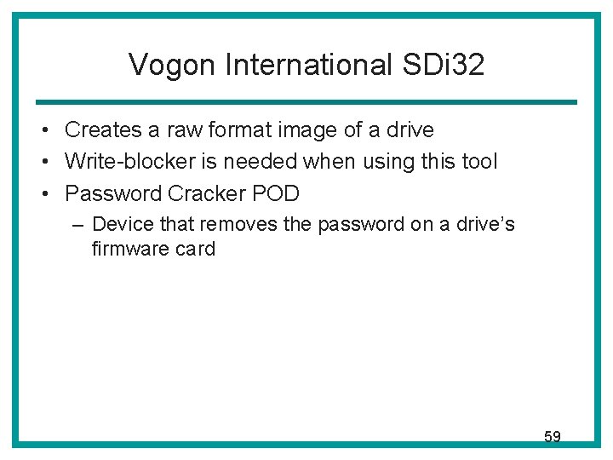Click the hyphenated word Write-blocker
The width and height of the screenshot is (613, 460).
point(129,162)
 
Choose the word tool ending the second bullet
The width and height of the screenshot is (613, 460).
point(478,162)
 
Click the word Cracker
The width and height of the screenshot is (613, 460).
point(204,193)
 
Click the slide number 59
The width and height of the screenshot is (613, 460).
point(553,437)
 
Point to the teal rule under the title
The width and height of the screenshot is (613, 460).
point(306,102)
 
